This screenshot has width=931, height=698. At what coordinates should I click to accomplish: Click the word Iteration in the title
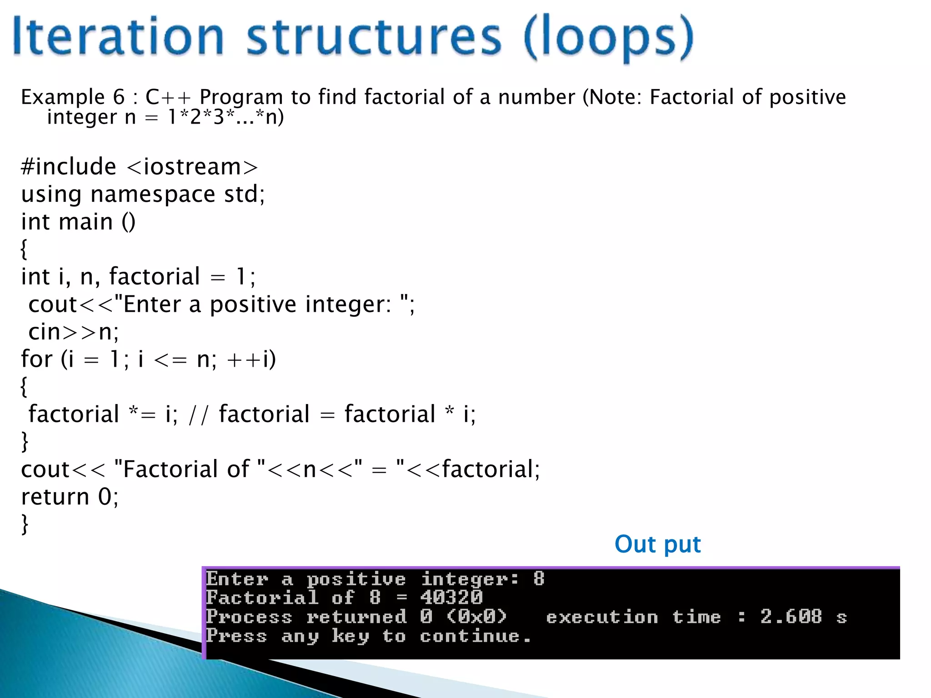click(x=118, y=36)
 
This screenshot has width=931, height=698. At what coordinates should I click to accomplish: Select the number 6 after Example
click(x=119, y=97)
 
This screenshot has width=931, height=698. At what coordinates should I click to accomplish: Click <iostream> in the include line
click(x=192, y=167)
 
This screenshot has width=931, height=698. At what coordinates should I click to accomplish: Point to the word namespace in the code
click(x=153, y=194)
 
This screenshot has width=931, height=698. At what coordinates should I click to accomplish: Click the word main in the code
click(x=86, y=222)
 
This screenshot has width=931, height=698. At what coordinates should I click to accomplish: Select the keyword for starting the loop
click(x=37, y=359)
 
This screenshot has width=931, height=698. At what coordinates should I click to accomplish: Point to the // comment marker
click(x=198, y=414)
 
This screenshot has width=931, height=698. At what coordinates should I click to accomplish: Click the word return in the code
click(x=55, y=497)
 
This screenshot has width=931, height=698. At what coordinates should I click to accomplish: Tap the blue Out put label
click(x=657, y=544)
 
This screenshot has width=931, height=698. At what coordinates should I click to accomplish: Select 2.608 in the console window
click(x=791, y=617)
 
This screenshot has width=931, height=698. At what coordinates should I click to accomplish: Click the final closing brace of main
click(x=25, y=524)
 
